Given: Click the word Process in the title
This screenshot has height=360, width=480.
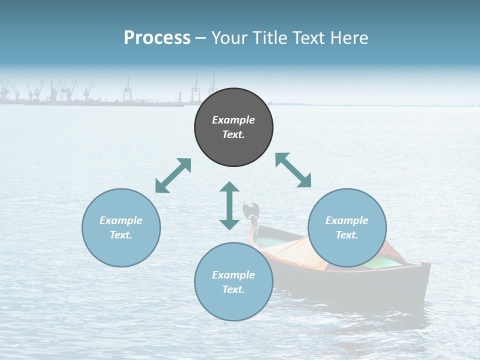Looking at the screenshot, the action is pos(157,38).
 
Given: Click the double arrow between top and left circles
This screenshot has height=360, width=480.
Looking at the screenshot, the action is pos(173,175).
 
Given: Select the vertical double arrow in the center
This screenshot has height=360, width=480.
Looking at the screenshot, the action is pos(229,205).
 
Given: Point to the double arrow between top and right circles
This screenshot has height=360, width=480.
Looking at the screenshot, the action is pos(293,170).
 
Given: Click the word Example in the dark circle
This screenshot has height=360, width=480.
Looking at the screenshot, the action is pos(233,120).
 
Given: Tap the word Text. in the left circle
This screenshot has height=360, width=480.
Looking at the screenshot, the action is pos(121,235).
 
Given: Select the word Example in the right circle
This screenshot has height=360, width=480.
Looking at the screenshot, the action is pos(347,220).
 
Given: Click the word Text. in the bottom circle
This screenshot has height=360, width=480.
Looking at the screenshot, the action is pos(233,289).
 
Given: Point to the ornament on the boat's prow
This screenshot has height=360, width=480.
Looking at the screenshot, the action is pos(250,208).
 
